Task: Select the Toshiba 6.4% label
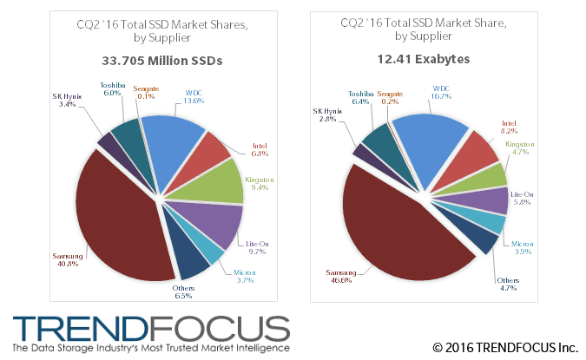point(359,96)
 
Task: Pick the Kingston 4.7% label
point(521,148)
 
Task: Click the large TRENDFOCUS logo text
point(152,329)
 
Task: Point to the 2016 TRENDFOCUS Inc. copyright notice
point(505,348)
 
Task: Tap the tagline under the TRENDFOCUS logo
point(152,348)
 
